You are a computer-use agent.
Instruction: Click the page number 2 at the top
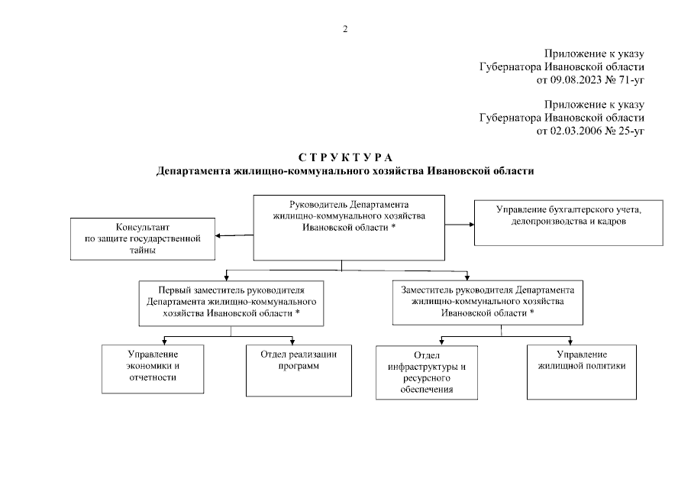pyautogui.click(x=345, y=29)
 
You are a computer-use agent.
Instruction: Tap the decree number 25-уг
pyautogui.click(x=629, y=131)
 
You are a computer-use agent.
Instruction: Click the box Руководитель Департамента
pyautogui.click(x=348, y=227)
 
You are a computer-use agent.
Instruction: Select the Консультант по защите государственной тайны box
pyautogui.click(x=142, y=239)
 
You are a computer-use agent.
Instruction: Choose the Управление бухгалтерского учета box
pyautogui.click(x=569, y=222)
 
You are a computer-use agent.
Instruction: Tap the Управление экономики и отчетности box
pyautogui.click(x=153, y=368)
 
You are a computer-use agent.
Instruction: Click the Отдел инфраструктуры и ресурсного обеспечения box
pyautogui.click(x=426, y=372)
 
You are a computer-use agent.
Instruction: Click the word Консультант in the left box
pyautogui.click(x=142, y=228)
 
